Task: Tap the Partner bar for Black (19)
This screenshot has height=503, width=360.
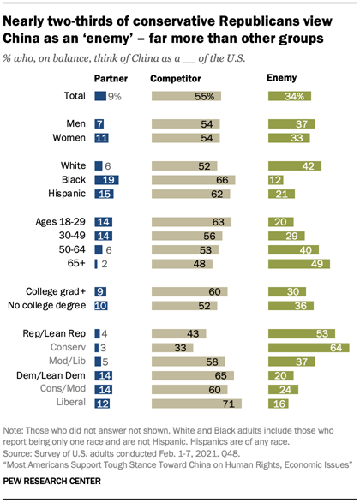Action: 107,180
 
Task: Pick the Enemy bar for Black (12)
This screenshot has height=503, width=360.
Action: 276,180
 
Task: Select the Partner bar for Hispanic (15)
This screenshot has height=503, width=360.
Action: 105,195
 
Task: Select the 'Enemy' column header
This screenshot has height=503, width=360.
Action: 281,78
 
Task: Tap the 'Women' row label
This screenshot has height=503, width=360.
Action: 71,138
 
